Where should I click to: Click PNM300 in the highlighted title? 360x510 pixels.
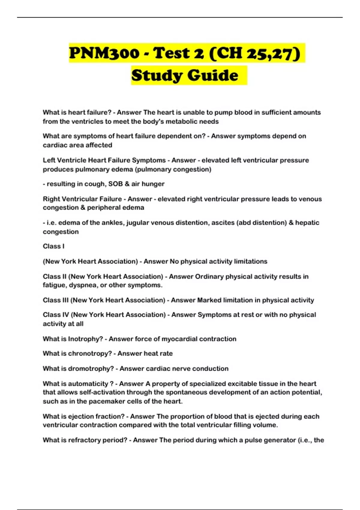[x=104, y=53]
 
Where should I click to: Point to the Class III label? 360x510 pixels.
[x=55, y=300]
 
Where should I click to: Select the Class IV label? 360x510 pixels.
[x=56, y=315]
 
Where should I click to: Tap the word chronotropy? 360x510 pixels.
[x=90, y=353]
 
